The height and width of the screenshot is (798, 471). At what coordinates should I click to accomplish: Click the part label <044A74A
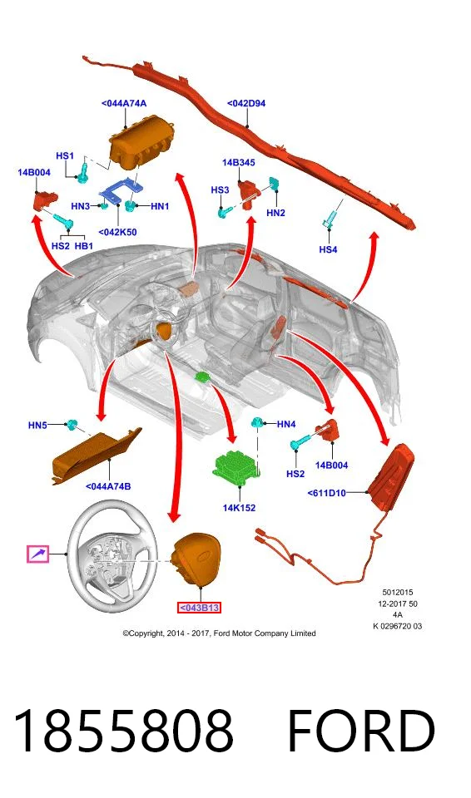pos(124,103)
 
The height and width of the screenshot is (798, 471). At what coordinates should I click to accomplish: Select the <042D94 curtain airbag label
pos(246,103)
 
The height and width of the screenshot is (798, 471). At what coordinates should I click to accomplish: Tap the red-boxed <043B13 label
pos(199,608)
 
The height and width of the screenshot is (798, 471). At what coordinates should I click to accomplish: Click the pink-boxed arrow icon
pos(37,554)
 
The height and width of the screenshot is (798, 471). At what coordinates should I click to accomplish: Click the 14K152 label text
pos(239,507)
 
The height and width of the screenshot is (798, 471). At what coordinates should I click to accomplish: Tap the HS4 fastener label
pos(328,249)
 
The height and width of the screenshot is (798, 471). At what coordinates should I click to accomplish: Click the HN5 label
pos(37,425)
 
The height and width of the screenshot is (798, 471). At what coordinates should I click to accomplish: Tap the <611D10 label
pos(327,493)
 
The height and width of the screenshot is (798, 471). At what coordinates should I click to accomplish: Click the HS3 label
pos(220,190)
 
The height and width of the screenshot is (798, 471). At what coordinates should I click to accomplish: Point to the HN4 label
pos(286,424)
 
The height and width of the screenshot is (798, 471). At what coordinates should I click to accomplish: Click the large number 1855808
pos(124,731)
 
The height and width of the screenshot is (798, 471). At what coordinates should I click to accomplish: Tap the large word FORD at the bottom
pos(361,731)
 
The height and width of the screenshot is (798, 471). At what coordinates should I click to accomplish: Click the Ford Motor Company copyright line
pos(219,633)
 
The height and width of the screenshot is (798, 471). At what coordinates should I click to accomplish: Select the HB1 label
pos(84,246)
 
